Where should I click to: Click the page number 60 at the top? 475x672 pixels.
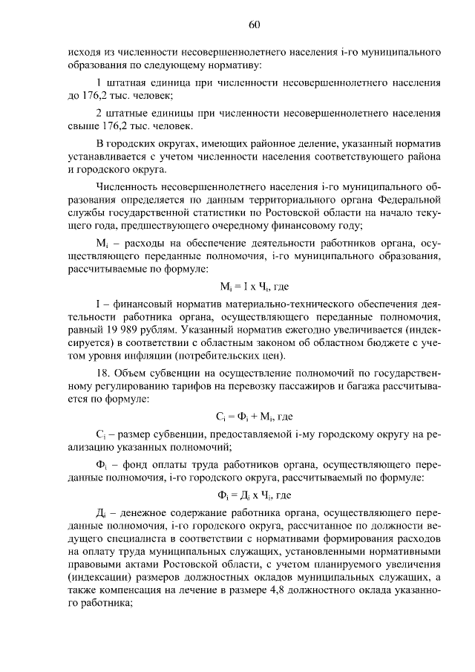253,25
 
